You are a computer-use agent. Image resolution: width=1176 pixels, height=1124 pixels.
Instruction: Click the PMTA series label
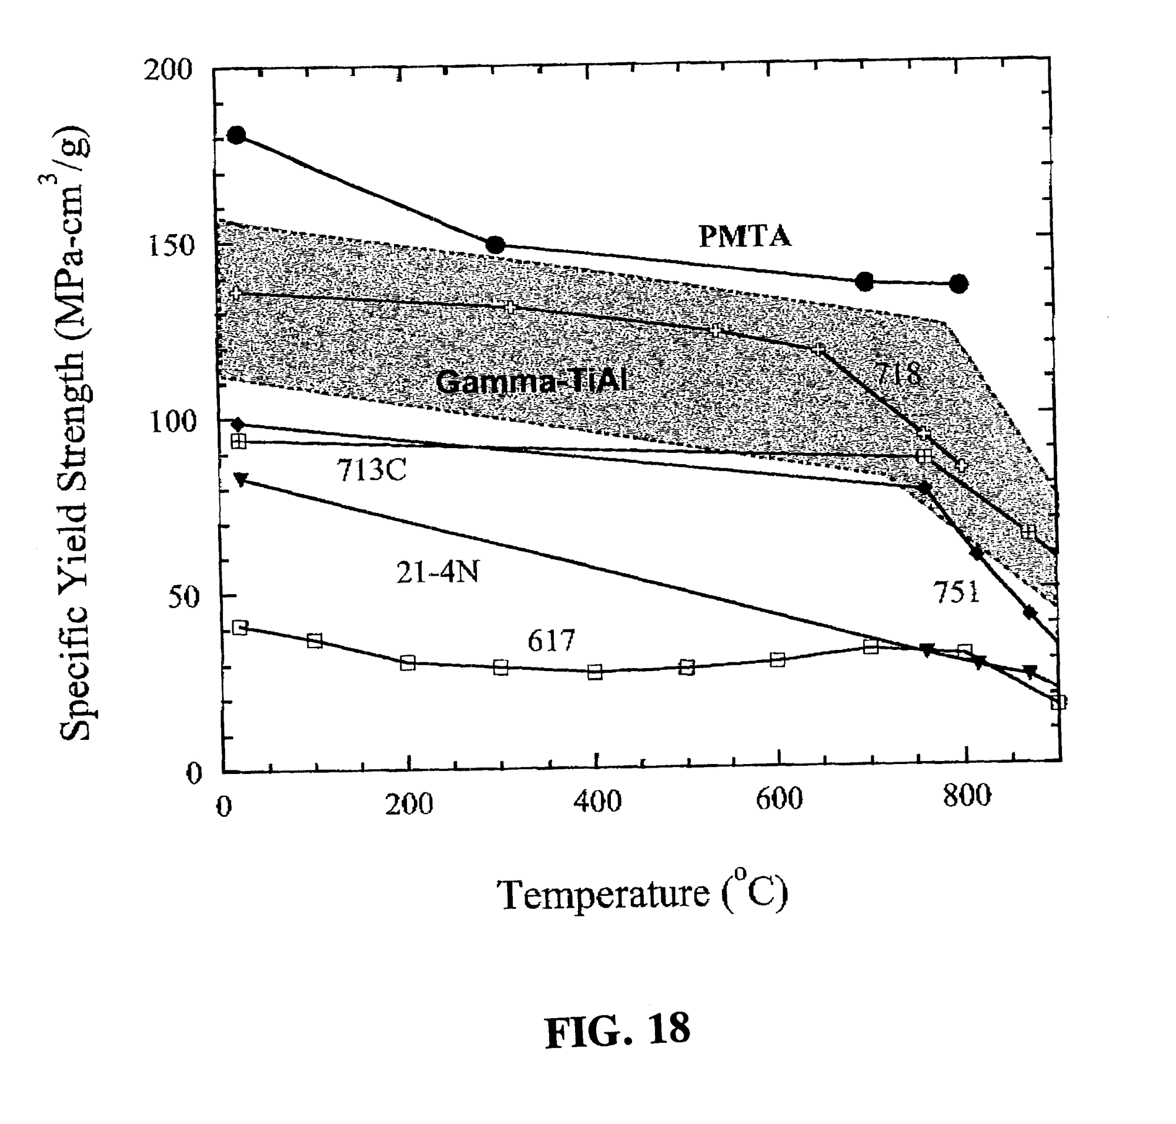pos(744,236)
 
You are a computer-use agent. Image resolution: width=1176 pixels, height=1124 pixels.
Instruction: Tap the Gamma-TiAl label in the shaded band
pos(532,381)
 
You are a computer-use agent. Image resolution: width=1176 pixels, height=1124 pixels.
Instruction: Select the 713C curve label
pos(371,471)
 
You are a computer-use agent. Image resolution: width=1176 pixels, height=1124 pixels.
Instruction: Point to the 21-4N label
pos(437,573)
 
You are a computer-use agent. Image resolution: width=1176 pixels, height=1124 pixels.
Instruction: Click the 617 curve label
pos(550,641)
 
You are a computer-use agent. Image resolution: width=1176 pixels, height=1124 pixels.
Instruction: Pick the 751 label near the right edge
pos(956,592)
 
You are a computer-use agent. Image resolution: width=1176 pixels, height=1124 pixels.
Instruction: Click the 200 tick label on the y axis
pos(168,70)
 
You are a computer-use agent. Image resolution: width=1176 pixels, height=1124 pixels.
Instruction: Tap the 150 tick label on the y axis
pos(171,246)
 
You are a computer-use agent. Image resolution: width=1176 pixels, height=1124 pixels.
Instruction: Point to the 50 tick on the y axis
pos(182,598)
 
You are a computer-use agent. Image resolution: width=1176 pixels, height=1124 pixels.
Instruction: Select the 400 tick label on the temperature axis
pos(597,801)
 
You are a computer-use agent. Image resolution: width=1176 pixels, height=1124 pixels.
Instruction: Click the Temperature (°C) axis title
pos(642,894)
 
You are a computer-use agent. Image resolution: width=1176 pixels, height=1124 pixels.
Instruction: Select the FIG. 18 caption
pos(617,1030)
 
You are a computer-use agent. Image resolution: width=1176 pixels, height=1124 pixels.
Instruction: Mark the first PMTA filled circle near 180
pos(237,135)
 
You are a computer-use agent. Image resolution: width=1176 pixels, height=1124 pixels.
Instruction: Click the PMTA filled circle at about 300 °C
pos(495,245)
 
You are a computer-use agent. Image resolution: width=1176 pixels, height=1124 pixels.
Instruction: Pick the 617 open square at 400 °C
pos(595,672)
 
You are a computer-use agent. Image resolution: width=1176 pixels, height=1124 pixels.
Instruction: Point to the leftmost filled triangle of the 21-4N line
pos(240,479)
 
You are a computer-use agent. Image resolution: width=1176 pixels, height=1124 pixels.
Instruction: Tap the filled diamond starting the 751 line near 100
pos(239,425)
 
